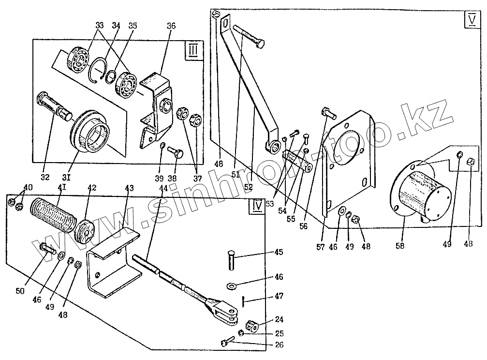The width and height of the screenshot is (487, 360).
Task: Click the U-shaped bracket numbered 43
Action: pyautogui.click(x=110, y=264)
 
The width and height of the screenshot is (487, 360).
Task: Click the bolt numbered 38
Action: pyautogui.click(x=176, y=153)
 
